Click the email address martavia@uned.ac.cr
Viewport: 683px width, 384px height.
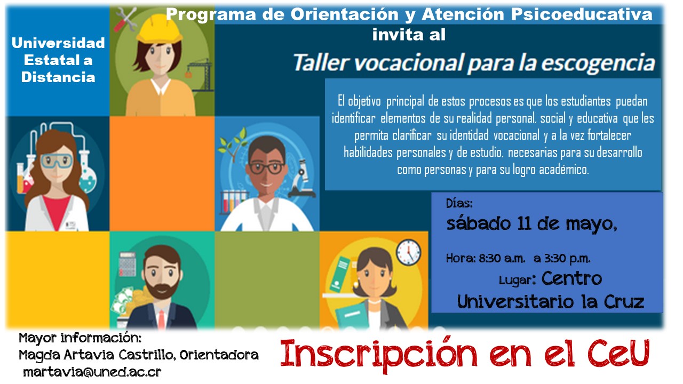[x=92, y=372]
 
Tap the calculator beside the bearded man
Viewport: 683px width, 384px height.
[x=127, y=263]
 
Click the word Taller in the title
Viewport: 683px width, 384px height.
[x=320, y=63]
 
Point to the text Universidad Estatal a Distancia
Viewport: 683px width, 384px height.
[x=58, y=59]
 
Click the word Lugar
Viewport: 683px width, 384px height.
[x=518, y=280]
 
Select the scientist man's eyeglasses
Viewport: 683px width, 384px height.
[x=265, y=167]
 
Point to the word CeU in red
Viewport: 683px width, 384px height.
[x=623, y=353]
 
